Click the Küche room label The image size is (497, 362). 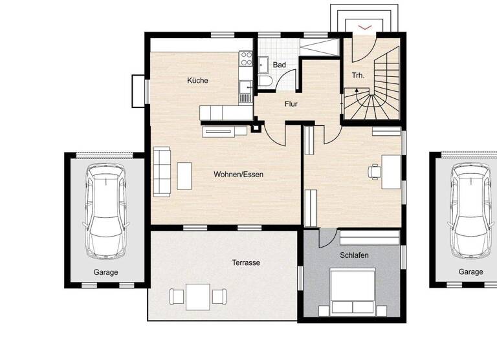point(197,80)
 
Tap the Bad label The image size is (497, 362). point(279,65)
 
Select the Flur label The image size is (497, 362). point(291,103)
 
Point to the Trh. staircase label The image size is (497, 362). point(358,75)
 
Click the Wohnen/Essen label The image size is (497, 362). point(239,174)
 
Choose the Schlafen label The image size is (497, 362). point(354,255)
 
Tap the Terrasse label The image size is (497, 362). point(246,262)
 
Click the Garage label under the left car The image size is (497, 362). point(105,272)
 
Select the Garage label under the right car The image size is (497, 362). point(470,271)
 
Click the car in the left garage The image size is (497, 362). point(105,210)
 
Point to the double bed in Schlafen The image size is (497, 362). point(352,292)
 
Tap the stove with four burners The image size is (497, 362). point(246,58)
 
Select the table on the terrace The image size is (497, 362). point(198,295)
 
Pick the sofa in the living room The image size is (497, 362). point(162,171)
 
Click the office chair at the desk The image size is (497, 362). point(374,171)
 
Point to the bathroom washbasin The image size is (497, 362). point(264,64)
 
